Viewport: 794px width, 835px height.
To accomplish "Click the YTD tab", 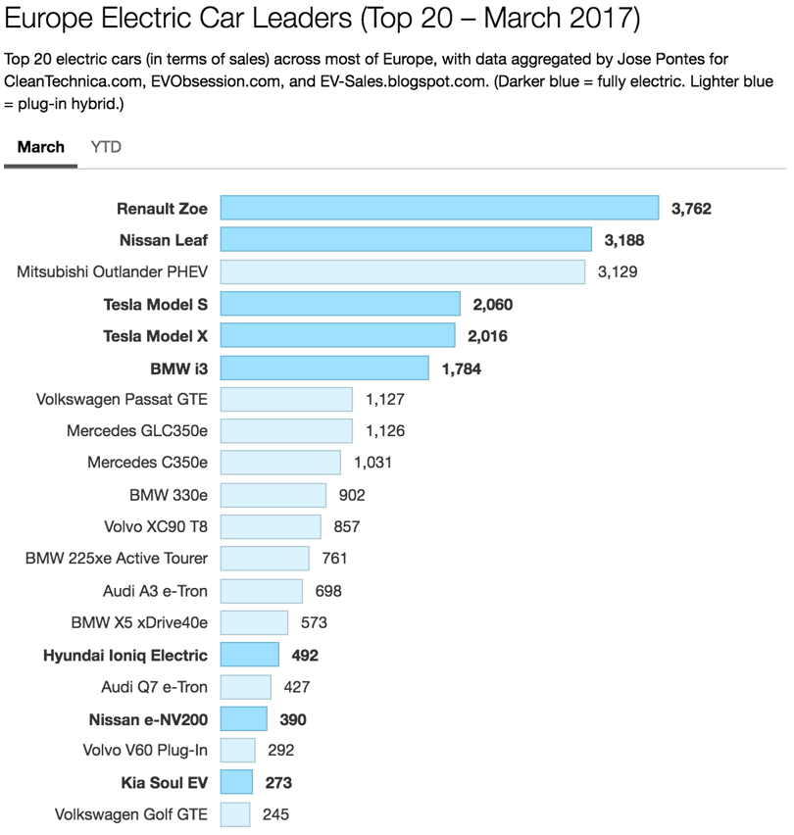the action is coord(106,147).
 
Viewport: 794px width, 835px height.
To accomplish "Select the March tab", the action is coord(41,147).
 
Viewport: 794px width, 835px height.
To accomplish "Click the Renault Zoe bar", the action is coord(439,208).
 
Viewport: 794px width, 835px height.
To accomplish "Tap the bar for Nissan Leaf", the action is coord(406,240).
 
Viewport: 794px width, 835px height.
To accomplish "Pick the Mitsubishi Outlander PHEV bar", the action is coord(403,271).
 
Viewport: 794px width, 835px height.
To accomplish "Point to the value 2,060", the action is coord(493,305).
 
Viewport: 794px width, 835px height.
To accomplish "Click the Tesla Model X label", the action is coord(156,336).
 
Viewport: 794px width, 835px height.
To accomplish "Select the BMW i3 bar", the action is coord(324,368).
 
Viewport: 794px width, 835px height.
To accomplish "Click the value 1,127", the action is coord(385,400).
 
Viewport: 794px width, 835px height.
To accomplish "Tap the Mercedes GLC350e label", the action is coord(137,430).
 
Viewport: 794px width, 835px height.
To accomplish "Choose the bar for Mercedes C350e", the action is coord(280,463).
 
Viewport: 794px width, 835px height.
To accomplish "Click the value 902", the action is coord(352,495).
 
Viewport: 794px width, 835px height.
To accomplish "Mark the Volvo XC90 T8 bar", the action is coord(271,526).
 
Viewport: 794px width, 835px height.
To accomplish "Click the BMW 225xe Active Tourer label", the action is coord(117,558).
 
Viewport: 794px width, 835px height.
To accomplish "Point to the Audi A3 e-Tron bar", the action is coord(262,591).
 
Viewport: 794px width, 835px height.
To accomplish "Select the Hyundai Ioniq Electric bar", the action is coord(249,655).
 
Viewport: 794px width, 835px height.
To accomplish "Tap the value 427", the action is coord(297,687).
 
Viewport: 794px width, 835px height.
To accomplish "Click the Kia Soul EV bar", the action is coord(236,782).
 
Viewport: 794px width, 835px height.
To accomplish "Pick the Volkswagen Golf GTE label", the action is coord(131,814).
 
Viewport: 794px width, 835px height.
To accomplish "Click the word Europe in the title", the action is coord(48,18).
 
